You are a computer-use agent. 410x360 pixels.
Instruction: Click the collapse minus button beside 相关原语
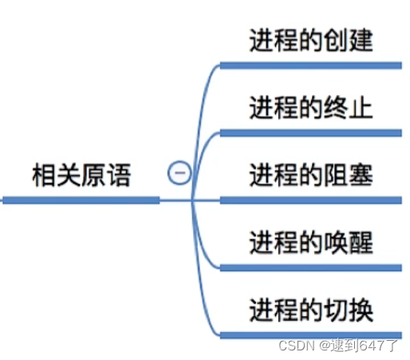click(179, 172)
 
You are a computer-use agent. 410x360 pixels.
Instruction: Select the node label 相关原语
click(81, 175)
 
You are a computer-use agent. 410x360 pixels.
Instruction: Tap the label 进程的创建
click(311, 40)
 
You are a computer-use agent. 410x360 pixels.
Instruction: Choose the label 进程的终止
click(311, 108)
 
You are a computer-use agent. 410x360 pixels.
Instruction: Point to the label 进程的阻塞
click(311, 175)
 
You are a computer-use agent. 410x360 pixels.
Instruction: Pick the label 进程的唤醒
click(311, 243)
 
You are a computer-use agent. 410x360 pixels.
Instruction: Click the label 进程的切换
click(311, 310)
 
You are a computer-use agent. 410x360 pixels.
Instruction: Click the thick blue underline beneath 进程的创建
click(311, 65)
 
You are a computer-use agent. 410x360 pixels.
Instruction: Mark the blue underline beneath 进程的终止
click(311, 133)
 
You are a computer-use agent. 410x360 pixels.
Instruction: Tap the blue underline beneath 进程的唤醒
click(311, 267)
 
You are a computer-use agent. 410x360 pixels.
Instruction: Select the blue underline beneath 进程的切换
click(311, 335)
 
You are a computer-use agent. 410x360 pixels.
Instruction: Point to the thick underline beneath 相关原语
click(81, 200)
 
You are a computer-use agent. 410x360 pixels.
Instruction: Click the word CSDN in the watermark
click(297, 346)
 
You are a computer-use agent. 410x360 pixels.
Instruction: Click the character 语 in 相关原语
click(120, 175)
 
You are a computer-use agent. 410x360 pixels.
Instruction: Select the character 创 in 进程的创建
click(336, 40)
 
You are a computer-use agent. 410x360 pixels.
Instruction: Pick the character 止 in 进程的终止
click(361, 108)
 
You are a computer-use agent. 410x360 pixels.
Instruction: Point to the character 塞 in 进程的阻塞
click(361, 175)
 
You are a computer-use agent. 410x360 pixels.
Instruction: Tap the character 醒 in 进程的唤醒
click(361, 243)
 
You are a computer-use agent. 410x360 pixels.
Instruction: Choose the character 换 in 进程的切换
click(361, 310)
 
